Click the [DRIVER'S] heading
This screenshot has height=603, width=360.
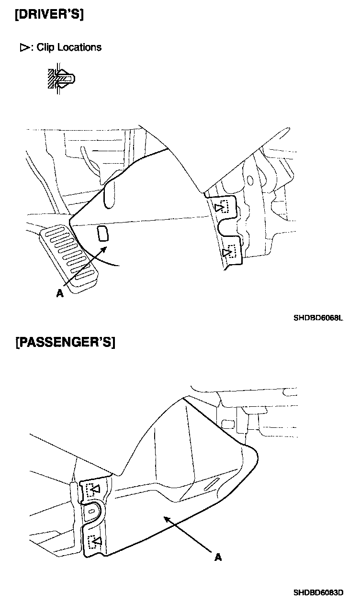[x=49, y=14]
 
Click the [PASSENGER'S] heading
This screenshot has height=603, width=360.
[x=66, y=343]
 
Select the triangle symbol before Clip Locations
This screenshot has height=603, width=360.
[x=24, y=48]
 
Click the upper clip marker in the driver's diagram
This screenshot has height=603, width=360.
[x=223, y=207]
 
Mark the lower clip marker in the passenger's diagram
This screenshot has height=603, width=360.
[x=95, y=542]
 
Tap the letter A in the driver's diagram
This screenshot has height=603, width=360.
[x=59, y=294]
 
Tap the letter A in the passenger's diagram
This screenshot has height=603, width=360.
[x=218, y=557]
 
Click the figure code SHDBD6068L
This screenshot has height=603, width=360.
[x=318, y=317]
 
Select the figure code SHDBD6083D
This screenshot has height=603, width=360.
[x=318, y=592]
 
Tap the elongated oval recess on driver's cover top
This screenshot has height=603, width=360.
[x=109, y=194]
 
